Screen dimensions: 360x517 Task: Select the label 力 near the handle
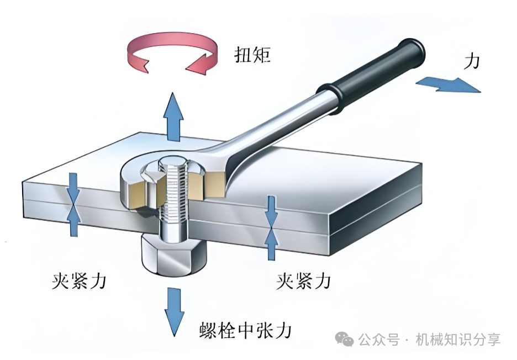(x=471, y=61)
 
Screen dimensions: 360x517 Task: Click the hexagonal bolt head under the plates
(x=173, y=256)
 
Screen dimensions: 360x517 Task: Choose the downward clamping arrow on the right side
(x=271, y=210)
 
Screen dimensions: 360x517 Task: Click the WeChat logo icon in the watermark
(x=346, y=339)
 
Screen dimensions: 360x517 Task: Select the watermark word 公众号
(x=379, y=340)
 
